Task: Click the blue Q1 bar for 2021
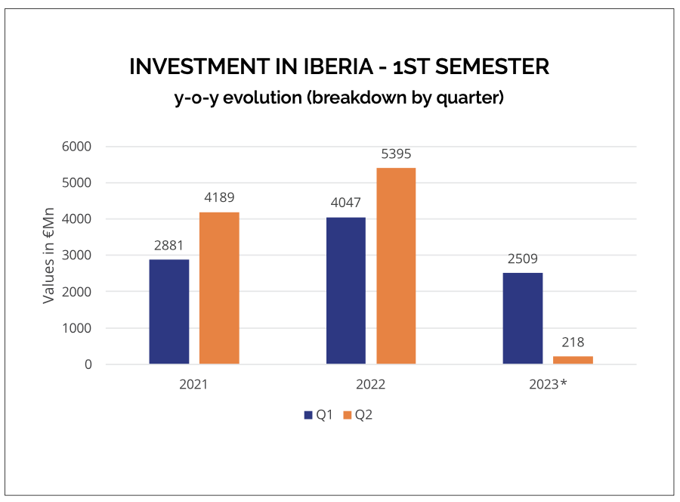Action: pos(169,311)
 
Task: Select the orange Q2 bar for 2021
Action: pos(219,288)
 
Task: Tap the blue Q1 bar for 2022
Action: pos(346,290)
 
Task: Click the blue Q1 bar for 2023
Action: pos(523,318)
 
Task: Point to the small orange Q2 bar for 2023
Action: pos(573,360)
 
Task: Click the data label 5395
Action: pos(396,154)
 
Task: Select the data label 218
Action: pos(573,342)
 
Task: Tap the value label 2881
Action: pos(169,246)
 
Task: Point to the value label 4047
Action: pos(346,203)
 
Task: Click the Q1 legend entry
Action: pos(318,415)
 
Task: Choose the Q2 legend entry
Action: pos(358,415)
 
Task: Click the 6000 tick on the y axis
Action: pos(77,147)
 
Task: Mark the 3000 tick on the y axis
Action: pos(77,256)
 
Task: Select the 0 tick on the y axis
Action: pos(88,364)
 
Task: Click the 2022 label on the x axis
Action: pos(371,384)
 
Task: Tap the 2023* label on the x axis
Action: pos(549,384)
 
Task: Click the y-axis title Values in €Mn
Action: pos(49,256)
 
